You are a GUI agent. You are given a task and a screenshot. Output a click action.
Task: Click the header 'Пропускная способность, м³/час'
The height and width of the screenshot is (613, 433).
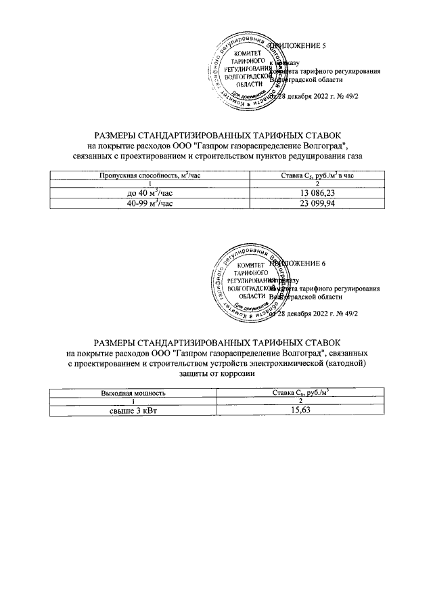[x=150, y=175]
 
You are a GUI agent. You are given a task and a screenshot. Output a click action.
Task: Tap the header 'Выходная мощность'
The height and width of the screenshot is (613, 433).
[x=133, y=393]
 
